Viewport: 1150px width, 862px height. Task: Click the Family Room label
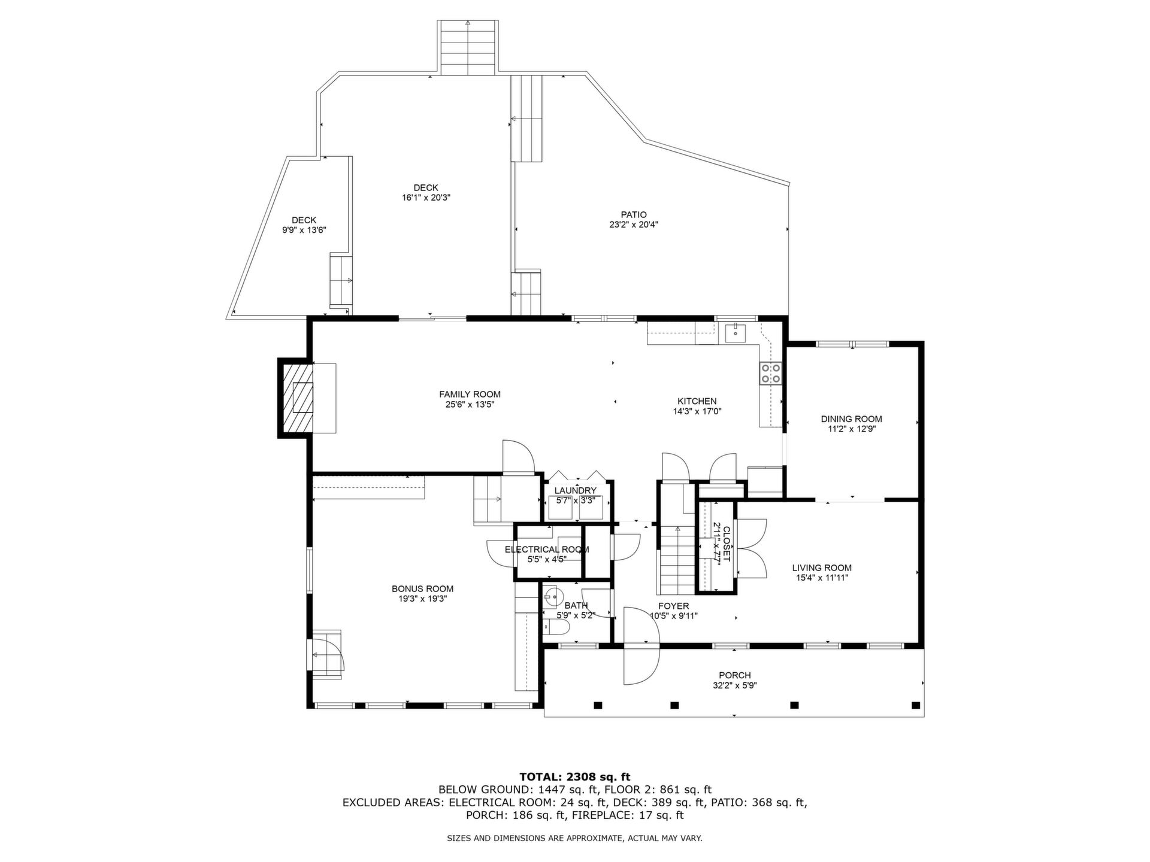coord(470,394)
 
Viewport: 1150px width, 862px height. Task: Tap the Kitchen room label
coord(697,401)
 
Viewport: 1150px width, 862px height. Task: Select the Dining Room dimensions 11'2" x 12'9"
coord(851,429)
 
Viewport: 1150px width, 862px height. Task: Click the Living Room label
coord(822,567)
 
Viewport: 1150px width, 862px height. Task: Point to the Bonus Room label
coord(422,588)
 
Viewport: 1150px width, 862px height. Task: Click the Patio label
coord(634,214)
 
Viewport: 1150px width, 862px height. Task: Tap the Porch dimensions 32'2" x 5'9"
coord(735,685)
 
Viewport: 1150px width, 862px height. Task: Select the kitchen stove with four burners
coord(770,373)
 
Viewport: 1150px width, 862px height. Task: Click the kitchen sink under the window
coord(735,333)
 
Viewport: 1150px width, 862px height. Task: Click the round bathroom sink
coord(552,596)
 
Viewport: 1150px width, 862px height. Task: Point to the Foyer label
coord(673,606)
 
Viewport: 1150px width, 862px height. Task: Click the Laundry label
coord(575,490)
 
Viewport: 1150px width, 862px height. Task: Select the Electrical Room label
coord(546,550)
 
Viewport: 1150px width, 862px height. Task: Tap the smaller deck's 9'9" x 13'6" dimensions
coord(304,230)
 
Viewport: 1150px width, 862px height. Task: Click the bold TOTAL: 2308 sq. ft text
coord(574,777)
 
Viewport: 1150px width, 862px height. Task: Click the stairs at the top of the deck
coord(468,47)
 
